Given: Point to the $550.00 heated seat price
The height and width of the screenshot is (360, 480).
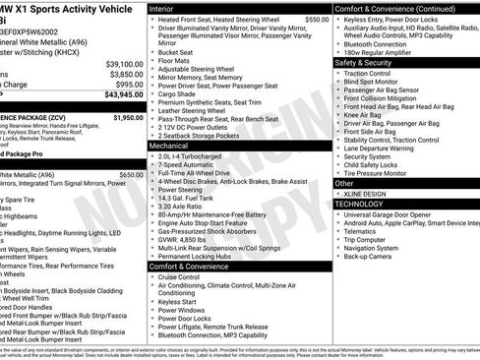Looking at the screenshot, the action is click(317, 20).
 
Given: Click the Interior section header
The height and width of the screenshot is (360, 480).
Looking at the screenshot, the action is click(163, 8).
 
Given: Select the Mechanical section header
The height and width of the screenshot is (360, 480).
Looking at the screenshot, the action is click(169, 144).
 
